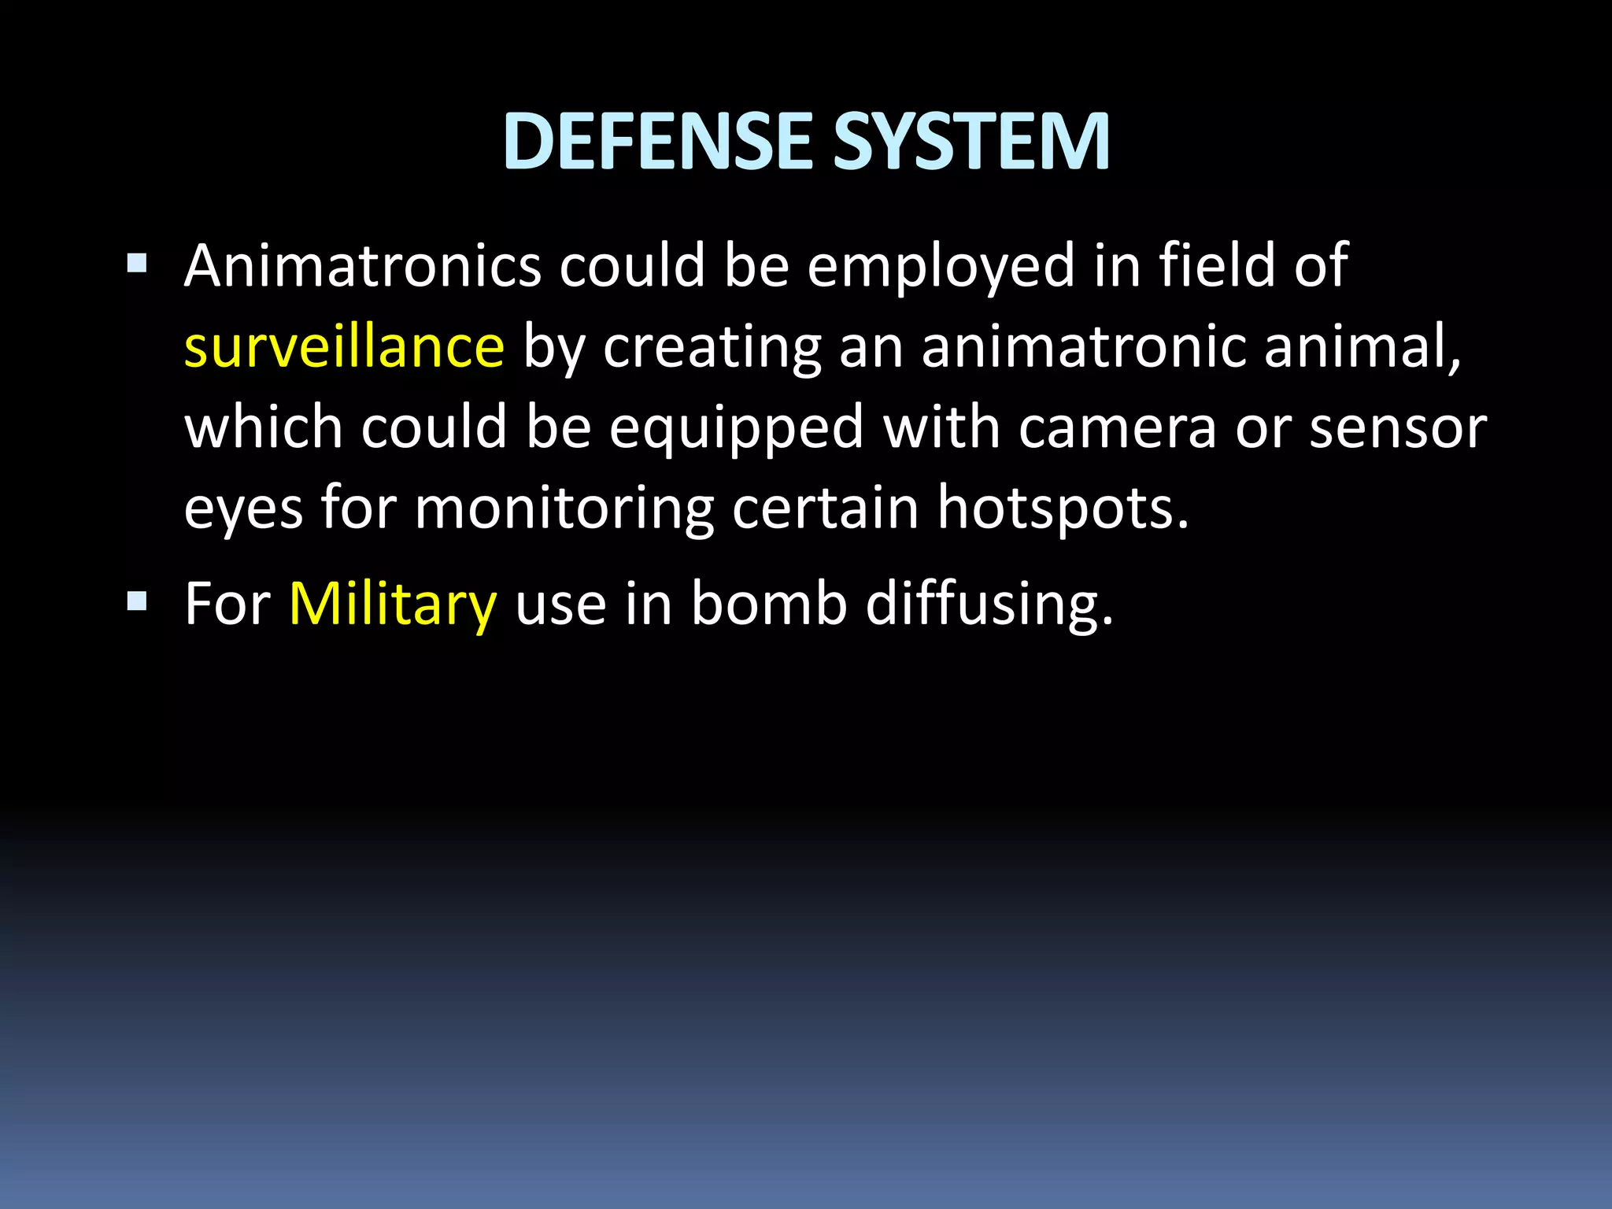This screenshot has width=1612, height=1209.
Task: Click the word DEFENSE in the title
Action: [x=658, y=142]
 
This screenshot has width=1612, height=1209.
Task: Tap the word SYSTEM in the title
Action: [x=971, y=142]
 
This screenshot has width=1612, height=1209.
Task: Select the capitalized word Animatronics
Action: [x=362, y=266]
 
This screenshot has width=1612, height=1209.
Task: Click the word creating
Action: [x=712, y=348]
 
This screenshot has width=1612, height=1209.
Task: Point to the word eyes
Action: [x=243, y=508]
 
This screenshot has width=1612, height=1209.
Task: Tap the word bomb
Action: [x=768, y=604]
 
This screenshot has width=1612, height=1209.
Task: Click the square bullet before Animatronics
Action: [x=136, y=263]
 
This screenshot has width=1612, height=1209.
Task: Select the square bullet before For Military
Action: [x=136, y=603]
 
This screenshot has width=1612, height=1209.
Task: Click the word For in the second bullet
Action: [x=227, y=604]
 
